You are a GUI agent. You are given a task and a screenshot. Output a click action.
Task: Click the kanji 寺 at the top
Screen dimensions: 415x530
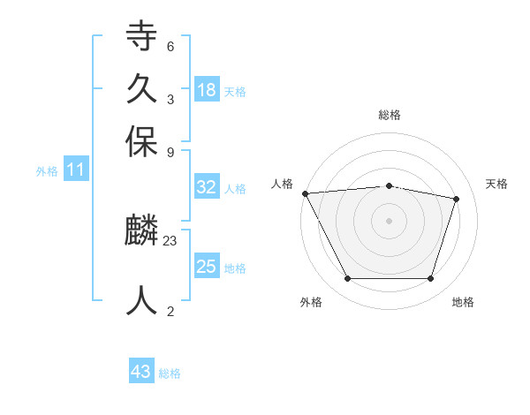[x=141, y=37]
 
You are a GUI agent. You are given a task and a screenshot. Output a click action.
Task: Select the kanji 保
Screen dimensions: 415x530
[x=141, y=141]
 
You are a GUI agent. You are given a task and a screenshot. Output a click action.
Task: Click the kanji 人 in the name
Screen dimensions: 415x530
[x=141, y=300]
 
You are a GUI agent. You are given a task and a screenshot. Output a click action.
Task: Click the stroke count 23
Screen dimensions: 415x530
[x=170, y=239]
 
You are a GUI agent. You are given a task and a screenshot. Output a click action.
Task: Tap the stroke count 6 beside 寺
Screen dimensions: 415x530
[x=170, y=47]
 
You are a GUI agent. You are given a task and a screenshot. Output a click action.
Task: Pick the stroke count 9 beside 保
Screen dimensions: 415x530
[x=170, y=151]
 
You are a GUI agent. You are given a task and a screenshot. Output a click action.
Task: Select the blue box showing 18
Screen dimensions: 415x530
[x=206, y=89]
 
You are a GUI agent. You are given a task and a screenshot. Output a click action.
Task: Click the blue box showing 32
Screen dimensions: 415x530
[x=206, y=187]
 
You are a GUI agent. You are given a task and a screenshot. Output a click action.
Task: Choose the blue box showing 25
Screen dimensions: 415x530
[x=206, y=267]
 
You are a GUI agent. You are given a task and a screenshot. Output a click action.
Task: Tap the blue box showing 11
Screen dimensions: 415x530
[x=75, y=170]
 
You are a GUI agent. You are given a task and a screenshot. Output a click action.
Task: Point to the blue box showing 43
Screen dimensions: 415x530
[x=141, y=372]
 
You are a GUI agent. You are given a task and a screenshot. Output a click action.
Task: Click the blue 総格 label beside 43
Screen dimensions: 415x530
[x=170, y=373]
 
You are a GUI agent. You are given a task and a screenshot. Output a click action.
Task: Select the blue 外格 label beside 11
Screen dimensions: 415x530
[x=47, y=171]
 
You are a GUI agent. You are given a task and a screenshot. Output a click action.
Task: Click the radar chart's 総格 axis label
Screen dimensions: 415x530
[x=389, y=115]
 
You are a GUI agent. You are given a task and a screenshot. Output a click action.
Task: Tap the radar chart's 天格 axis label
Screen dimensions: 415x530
[x=496, y=184]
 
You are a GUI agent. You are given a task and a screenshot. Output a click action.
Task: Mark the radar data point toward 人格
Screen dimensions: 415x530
[x=305, y=193]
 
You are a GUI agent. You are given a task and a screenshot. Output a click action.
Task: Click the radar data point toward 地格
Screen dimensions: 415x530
[x=430, y=279]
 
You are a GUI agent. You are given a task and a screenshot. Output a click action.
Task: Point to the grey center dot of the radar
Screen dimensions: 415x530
[x=389, y=221]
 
